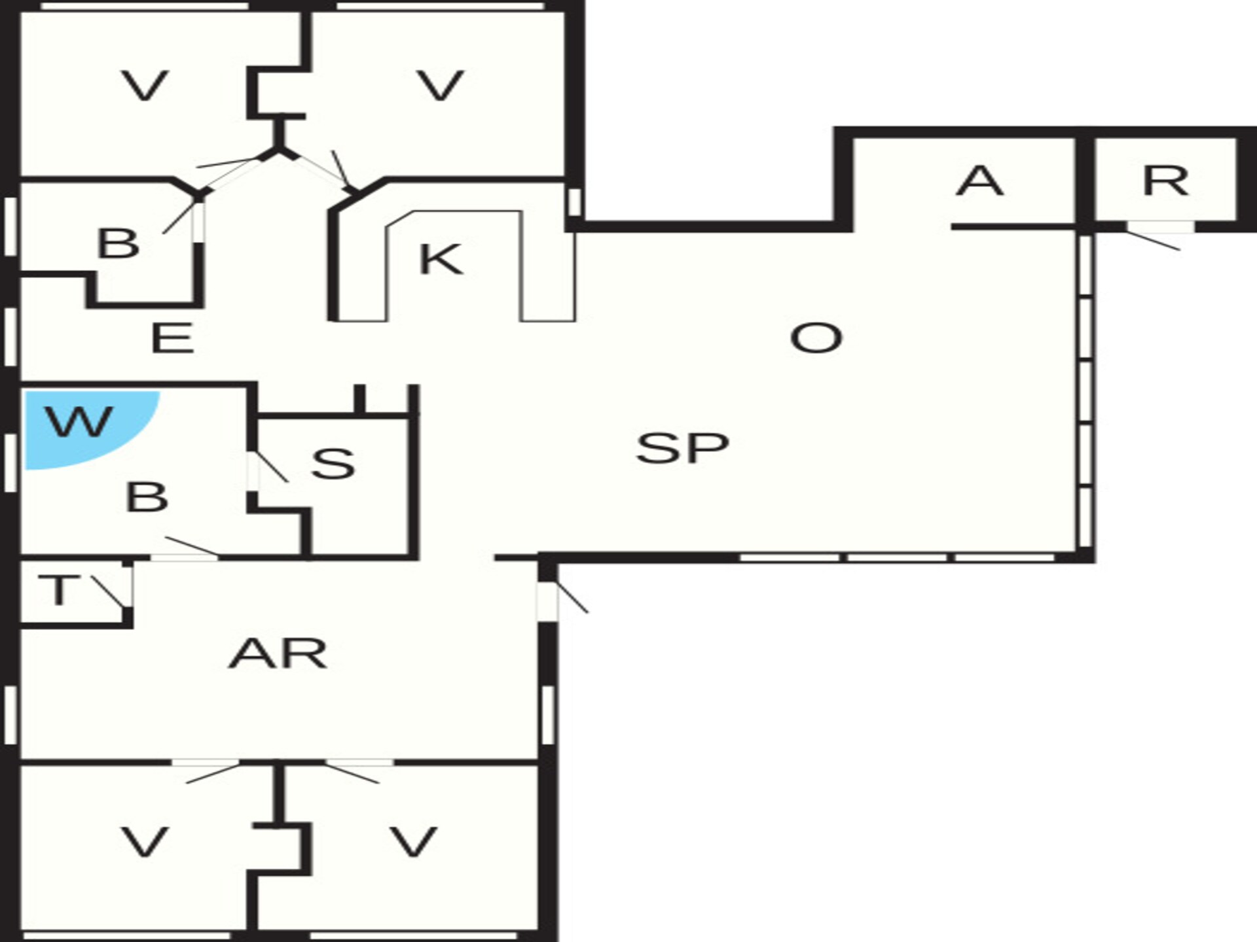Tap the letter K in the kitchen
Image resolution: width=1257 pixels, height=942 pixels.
pyautogui.click(x=440, y=259)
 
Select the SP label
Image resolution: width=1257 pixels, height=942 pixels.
pyautogui.click(x=682, y=448)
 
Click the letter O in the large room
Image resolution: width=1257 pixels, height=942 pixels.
pyautogui.click(x=816, y=338)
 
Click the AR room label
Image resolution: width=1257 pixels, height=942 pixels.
pyautogui.click(x=278, y=654)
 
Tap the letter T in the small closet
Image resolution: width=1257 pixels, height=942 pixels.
pyautogui.click(x=58, y=590)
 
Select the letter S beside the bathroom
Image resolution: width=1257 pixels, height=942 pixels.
pyautogui.click(x=333, y=463)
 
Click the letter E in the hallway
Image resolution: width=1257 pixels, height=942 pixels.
pyautogui.click(x=172, y=338)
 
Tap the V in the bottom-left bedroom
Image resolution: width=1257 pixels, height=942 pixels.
pyautogui.click(x=145, y=842)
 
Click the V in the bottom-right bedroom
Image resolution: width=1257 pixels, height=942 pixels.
pyautogui.click(x=413, y=842)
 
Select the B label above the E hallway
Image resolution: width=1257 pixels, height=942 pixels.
pyautogui.click(x=118, y=243)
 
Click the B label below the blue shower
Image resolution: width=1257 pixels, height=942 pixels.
pyautogui.click(x=147, y=497)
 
